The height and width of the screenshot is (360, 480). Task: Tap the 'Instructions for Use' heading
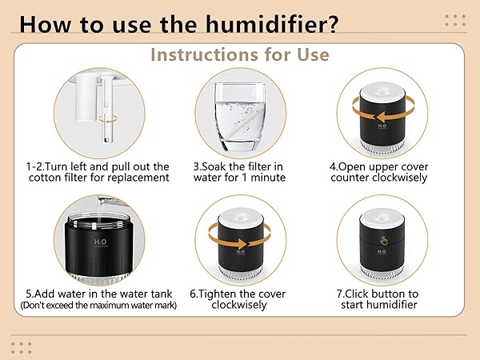240,55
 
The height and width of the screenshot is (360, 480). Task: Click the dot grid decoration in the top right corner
454,21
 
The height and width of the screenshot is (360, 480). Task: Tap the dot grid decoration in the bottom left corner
22,346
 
